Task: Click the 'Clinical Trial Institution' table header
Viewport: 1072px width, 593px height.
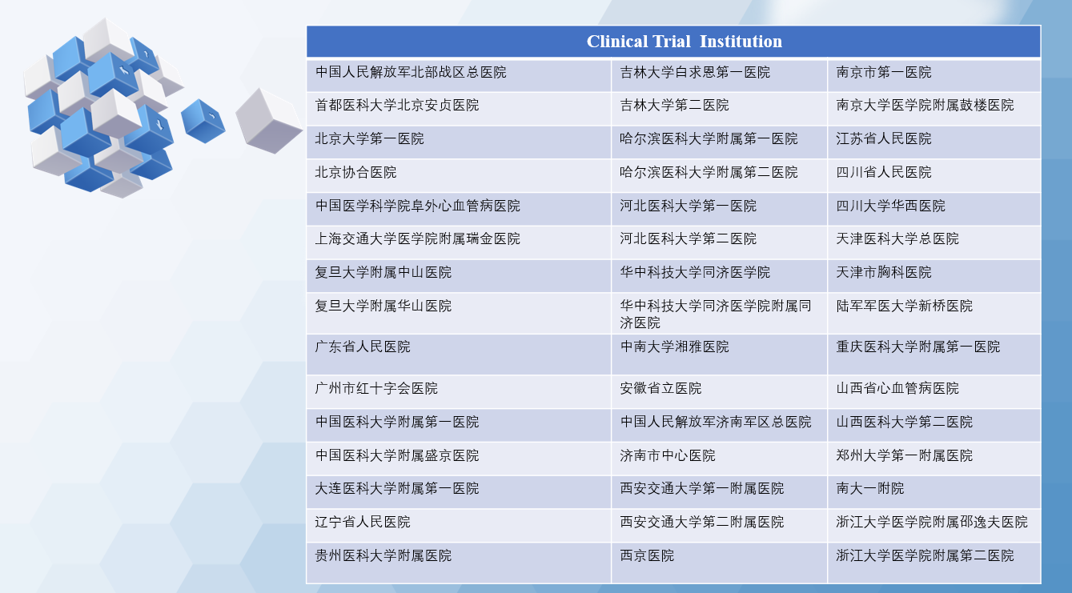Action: pyautogui.click(x=673, y=42)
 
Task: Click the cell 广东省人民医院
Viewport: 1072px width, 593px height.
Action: pyautogui.click(x=459, y=355)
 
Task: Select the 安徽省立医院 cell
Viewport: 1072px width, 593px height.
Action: pyautogui.click(x=719, y=391)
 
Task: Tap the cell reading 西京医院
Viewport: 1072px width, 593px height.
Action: pyautogui.click(x=719, y=563)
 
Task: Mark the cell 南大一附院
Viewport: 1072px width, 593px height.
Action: pyautogui.click(x=934, y=492)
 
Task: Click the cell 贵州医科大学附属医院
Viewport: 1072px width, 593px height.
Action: pyautogui.click(x=459, y=563)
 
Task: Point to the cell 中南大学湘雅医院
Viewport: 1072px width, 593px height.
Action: pyautogui.click(x=719, y=355)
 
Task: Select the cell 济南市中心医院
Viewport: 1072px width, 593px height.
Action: pyautogui.click(x=719, y=459)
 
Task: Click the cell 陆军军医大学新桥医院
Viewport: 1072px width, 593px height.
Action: pyautogui.click(x=934, y=313)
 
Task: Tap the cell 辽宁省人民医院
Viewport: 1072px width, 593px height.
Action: pyautogui.click(x=459, y=526)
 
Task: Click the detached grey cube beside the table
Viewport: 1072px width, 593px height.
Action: pyautogui.click(x=269, y=121)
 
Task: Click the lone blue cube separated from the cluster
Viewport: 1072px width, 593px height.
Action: pyautogui.click(x=203, y=121)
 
